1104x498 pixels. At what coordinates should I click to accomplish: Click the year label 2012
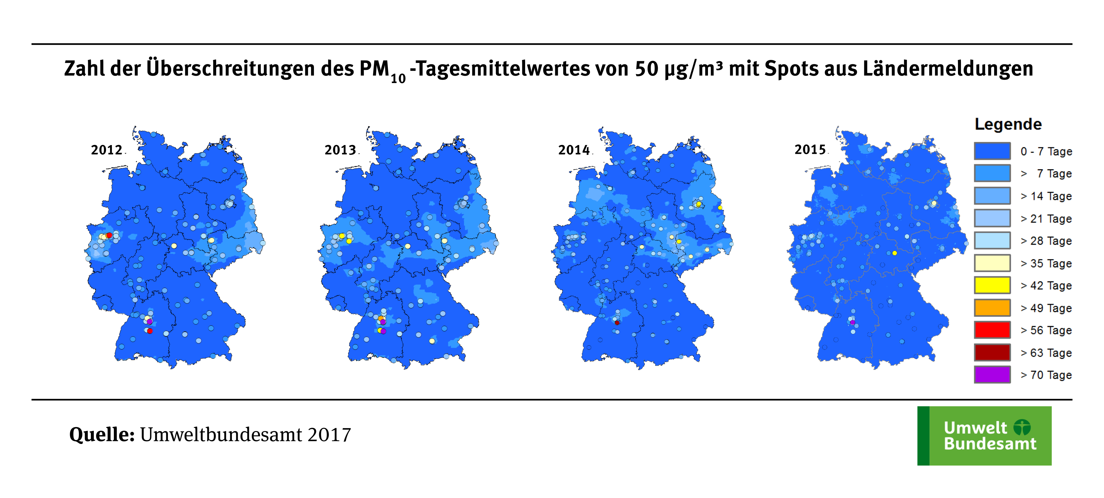tap(107, 150)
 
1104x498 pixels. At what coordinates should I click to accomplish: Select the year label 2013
tap(340, 150)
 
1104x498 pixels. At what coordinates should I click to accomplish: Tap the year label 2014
tap(574, 150)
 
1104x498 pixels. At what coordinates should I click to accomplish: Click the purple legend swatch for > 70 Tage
tap(992, 375)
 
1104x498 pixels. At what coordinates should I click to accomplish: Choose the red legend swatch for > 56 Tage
tap(992, 330)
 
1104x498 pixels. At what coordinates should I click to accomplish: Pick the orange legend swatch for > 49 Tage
tap(992, 308)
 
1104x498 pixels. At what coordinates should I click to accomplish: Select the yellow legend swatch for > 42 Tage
tap(992, 285)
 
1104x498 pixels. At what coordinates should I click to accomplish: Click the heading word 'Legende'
tap(1008, 124)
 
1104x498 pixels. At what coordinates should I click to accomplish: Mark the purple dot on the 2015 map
tap(853, 322)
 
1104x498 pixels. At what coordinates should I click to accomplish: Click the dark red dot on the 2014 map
tap(617, 323)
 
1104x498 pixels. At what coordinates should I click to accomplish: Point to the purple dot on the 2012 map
tap(150, 321)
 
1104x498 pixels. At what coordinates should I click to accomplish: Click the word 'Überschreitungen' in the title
tap(230, 69)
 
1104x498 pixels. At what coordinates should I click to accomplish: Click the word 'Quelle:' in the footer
tap(102, 435)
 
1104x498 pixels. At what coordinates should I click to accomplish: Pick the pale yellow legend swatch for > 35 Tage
tap(992, 263)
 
